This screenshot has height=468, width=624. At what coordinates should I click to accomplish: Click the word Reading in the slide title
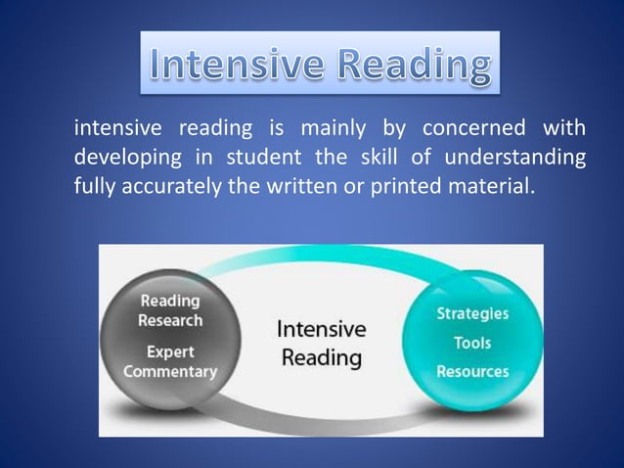tap(409, 67)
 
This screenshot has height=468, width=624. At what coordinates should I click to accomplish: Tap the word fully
tap(95, 185)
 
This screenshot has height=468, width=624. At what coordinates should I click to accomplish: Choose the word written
tap(295, 185)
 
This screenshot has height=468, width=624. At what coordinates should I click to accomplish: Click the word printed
tap(400, 185)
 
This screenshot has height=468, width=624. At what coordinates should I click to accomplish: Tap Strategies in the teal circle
tap(472, 314)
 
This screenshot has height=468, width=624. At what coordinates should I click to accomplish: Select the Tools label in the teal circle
tap(472, 343)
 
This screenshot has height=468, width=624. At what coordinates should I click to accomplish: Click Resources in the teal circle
tap(472, 371)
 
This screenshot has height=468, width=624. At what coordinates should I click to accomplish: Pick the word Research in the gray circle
tap(170, 320)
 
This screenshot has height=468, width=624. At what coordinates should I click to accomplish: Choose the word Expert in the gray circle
tap(170, 351)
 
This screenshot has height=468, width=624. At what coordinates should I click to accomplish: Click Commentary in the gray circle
tap(170, 372)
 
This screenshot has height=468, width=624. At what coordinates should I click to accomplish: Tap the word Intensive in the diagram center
tap(322, 328)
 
